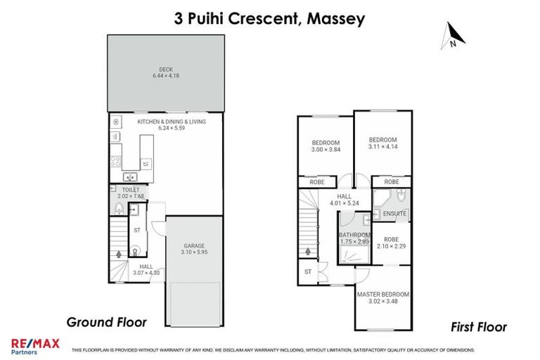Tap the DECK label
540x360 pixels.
[165, 69]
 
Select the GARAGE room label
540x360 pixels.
[195, 245]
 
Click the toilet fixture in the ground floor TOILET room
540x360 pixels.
[119, 209]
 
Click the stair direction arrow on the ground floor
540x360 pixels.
[117, 250]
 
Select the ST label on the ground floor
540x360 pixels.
[137, 229]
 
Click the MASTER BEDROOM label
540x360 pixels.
[383, 294]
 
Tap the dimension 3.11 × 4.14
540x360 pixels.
[383, 147]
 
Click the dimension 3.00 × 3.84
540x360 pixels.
[326, 150]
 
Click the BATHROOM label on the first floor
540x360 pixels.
[354, 235]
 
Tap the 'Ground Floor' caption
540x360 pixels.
[106, 322]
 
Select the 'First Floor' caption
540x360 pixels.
[478, 327]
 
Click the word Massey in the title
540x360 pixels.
[334, 18]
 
